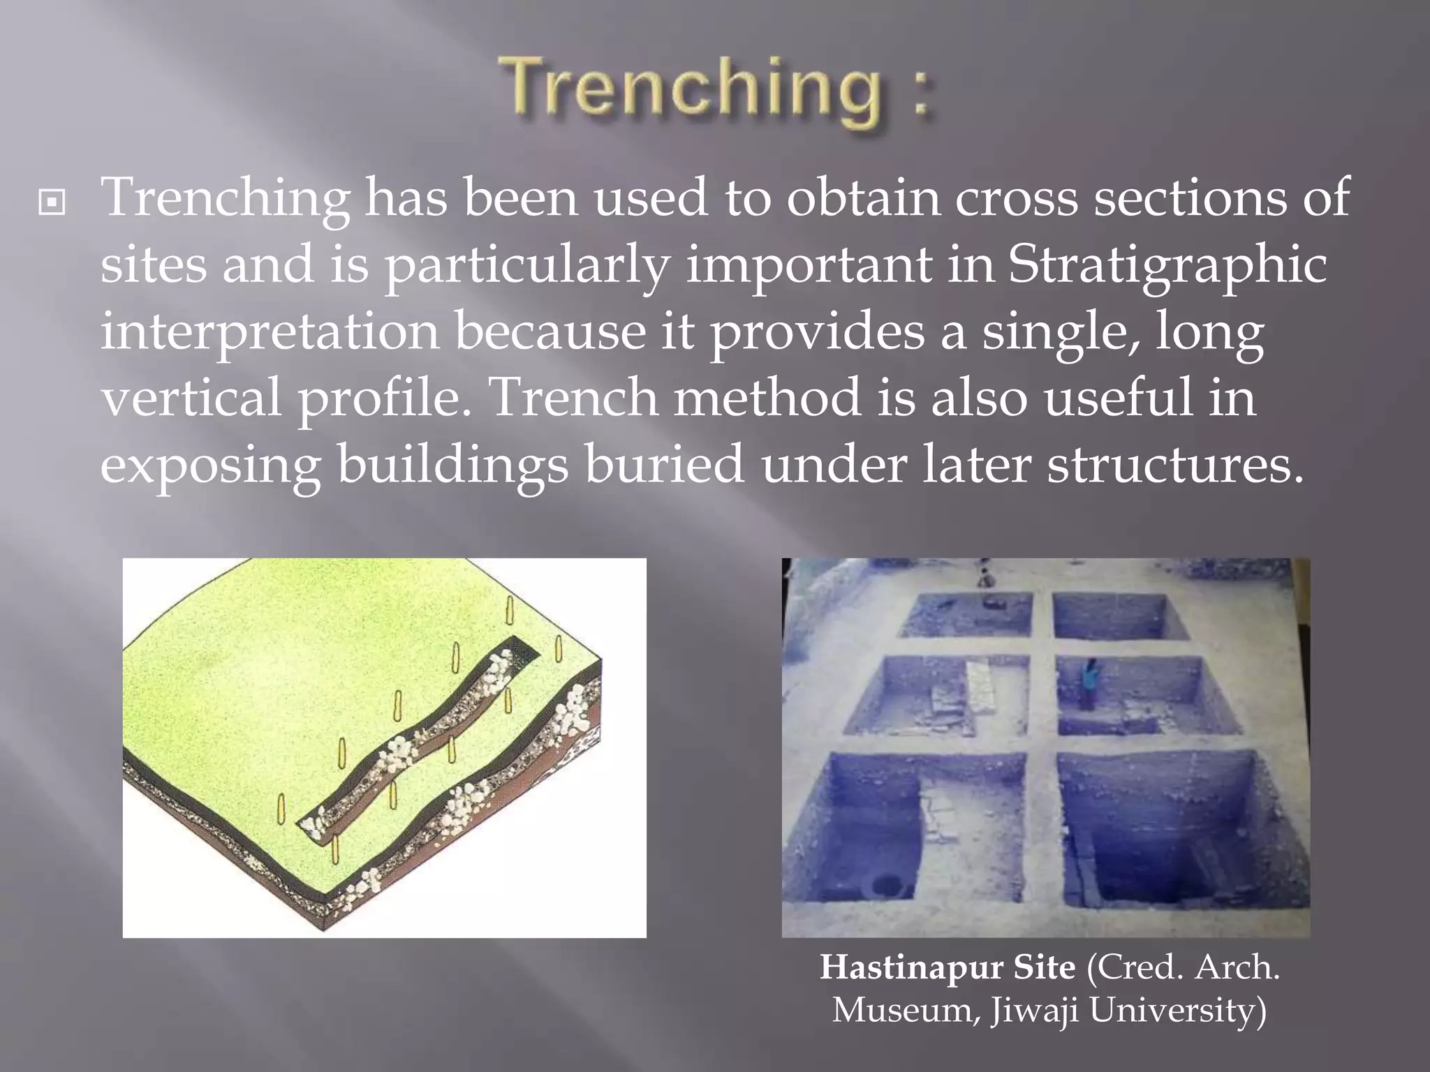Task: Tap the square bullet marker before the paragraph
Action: (52, 203)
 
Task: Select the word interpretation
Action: (270, 332)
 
